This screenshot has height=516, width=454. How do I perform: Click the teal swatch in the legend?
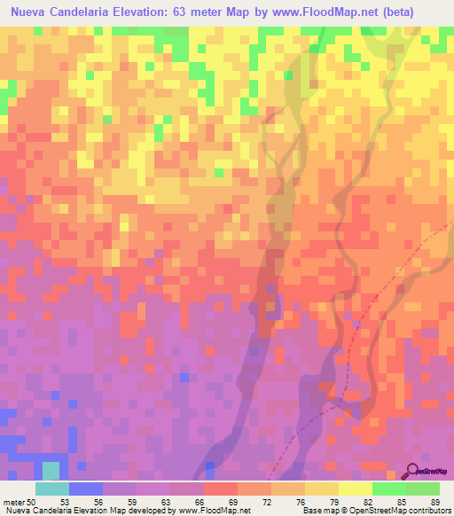point(52,489)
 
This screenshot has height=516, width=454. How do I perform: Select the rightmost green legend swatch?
point(423,489)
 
